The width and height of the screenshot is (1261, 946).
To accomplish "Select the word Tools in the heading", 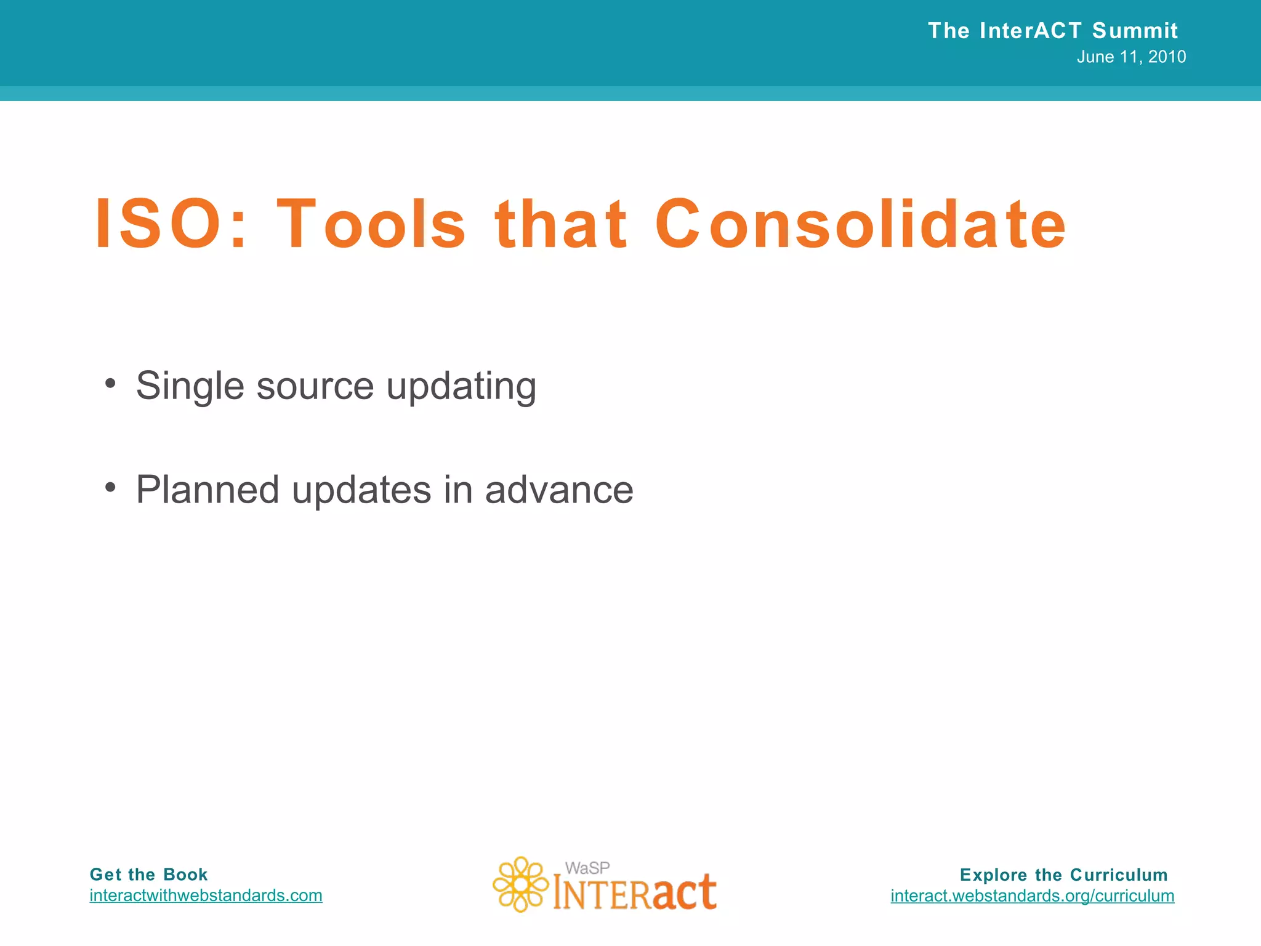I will click(371, 225).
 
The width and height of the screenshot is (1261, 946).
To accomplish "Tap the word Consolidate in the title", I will click(860, 225).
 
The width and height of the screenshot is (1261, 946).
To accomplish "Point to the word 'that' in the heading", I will click(561, 225).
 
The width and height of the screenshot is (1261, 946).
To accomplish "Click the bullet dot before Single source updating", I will click(110, 384).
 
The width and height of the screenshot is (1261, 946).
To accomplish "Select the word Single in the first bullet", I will click(190, 387).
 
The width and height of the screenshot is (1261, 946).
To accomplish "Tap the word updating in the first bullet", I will click(461, 387).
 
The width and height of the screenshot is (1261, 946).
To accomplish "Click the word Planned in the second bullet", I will click(207, 490).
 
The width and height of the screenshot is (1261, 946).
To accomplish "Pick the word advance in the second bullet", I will click(559, 490).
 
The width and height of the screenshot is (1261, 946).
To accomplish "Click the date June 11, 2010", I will click(1131, 57).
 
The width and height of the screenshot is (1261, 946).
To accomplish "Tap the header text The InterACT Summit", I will click(1052, 30).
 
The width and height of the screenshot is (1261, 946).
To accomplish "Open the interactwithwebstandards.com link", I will click(206, 895).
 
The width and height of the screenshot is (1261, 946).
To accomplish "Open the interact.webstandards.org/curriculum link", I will click(1032, 895).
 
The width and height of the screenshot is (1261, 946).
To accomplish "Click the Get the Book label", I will click(148, 875).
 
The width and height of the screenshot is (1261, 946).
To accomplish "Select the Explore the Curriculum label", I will click(1063, 875).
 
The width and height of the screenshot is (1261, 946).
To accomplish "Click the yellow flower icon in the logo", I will click(520, 884).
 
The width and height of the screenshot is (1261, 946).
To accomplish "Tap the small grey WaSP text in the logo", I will click(587, 868).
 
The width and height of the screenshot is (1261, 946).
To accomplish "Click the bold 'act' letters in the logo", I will click(684, 892).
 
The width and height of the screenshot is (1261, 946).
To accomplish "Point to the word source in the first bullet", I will click(315, 387).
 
